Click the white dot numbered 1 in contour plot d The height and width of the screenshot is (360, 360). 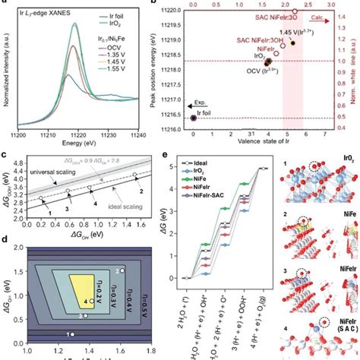pos(73,333)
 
